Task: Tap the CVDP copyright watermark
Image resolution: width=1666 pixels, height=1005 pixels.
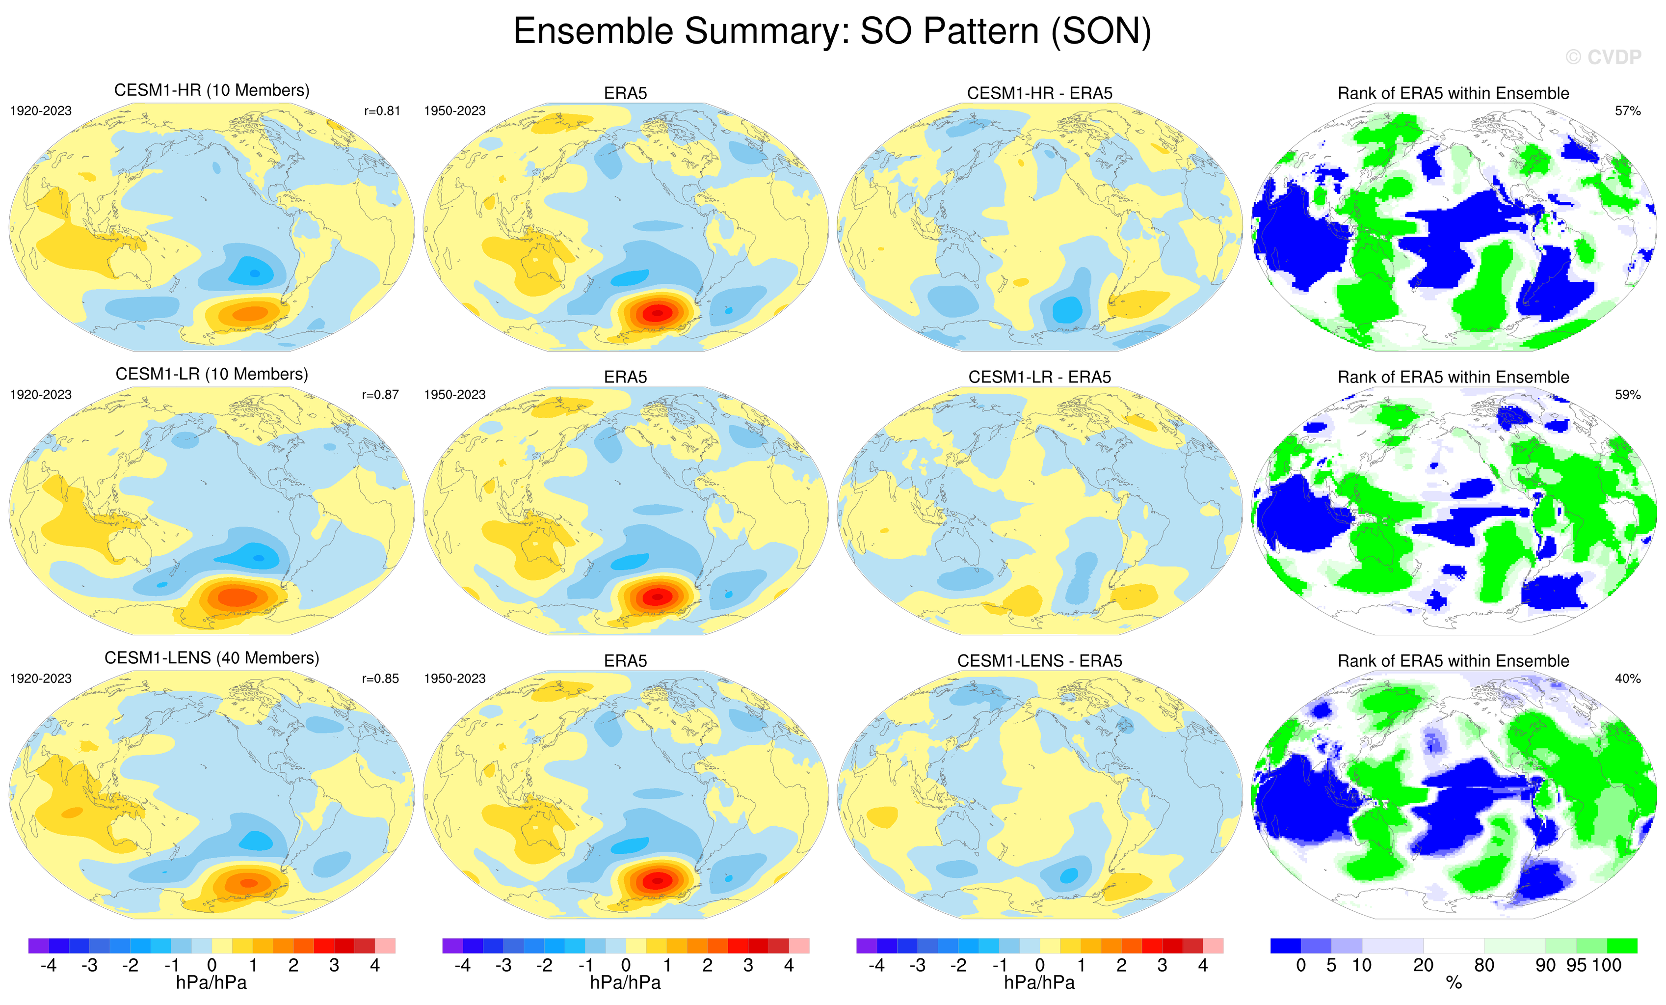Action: pyautogui.click(x=1603, y=57)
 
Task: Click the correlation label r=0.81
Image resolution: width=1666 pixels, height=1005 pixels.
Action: pyautogui.click(x=382, y=111)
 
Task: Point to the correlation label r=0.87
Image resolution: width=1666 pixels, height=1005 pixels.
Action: pyautogui.click(x=381, y=394)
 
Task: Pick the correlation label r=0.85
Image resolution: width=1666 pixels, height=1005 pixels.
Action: pyautogui.click(x=381, y=679)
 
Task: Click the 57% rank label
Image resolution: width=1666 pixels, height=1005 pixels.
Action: pyautogui.click(x=1627, y=111)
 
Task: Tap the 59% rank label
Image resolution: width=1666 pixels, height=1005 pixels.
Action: pyautogui.click(x=1627, y=394)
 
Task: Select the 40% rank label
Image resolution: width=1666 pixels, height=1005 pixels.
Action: pyautogui.click(x=1627, y=679)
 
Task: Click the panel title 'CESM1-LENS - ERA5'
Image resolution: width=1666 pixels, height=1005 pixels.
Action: pyautogui.click(x=1039, y=661)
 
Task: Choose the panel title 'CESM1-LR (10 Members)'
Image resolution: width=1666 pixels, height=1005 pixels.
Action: pyautogui.click(x=212, y=374)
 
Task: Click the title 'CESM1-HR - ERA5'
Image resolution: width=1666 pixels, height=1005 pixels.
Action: pyautogui.click(x=1039, y=93)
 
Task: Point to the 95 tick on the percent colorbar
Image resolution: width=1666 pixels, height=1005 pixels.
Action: pyautogui.click(x=1576, y=965)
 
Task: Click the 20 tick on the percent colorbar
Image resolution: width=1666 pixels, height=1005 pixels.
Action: pyautogui.click(x=1423, y=965)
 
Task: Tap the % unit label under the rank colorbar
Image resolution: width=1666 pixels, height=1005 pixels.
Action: pyautogui.click(x=1454, y=983)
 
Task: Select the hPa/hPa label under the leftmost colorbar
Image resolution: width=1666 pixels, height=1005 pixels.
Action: pyautogui.click(x=212, y=983)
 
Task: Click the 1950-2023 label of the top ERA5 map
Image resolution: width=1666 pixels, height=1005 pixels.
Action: pyautogui.click(x=454, y=111)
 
